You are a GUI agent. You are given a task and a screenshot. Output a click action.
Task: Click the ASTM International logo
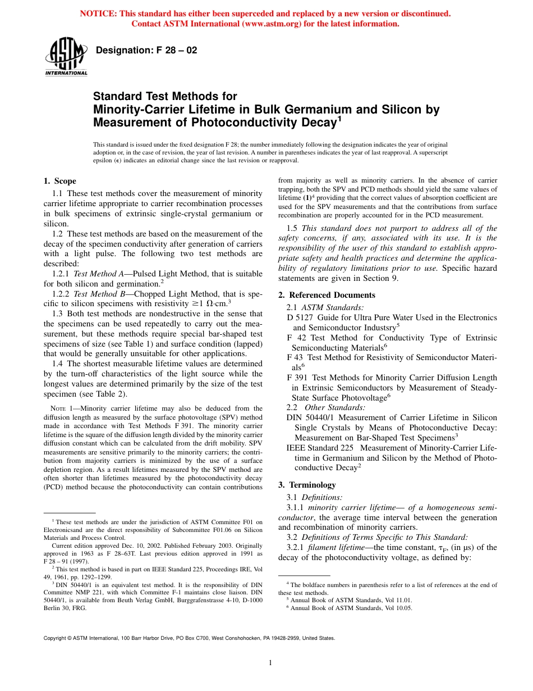[66, 58]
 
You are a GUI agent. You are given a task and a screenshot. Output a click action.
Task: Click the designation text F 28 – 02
[146, 51]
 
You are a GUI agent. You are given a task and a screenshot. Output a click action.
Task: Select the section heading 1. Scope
[60, 181]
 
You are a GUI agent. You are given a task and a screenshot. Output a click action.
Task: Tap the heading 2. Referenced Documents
[327, 295]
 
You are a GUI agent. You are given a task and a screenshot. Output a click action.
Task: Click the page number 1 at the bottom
[270, 663]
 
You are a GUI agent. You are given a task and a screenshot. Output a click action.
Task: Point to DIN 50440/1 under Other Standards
[310, 417]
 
